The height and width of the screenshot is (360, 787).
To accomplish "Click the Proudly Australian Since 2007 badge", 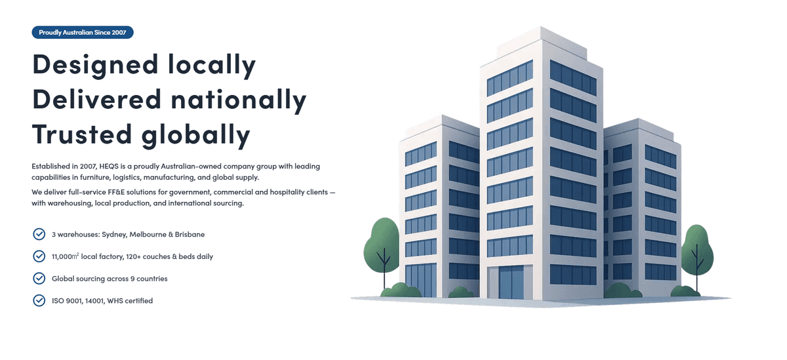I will click(x=82, y=32).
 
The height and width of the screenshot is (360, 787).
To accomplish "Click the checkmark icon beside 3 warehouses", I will click(x=39, y=234).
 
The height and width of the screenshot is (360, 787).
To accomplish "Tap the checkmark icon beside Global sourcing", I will click(x=39, y=279).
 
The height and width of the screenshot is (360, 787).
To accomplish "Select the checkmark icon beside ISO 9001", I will click(x=39, y=300).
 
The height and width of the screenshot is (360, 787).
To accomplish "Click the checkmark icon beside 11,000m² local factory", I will click(x=39, y=256).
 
